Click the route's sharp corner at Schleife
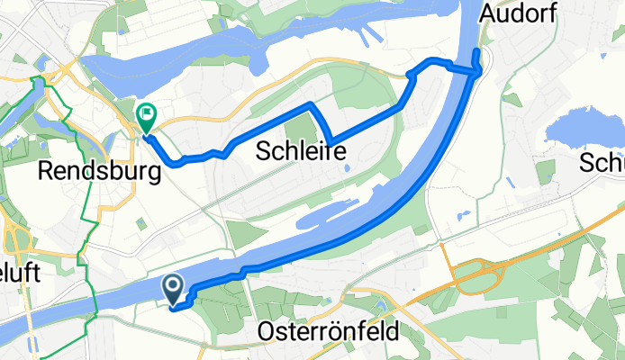[x=333, y=140]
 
